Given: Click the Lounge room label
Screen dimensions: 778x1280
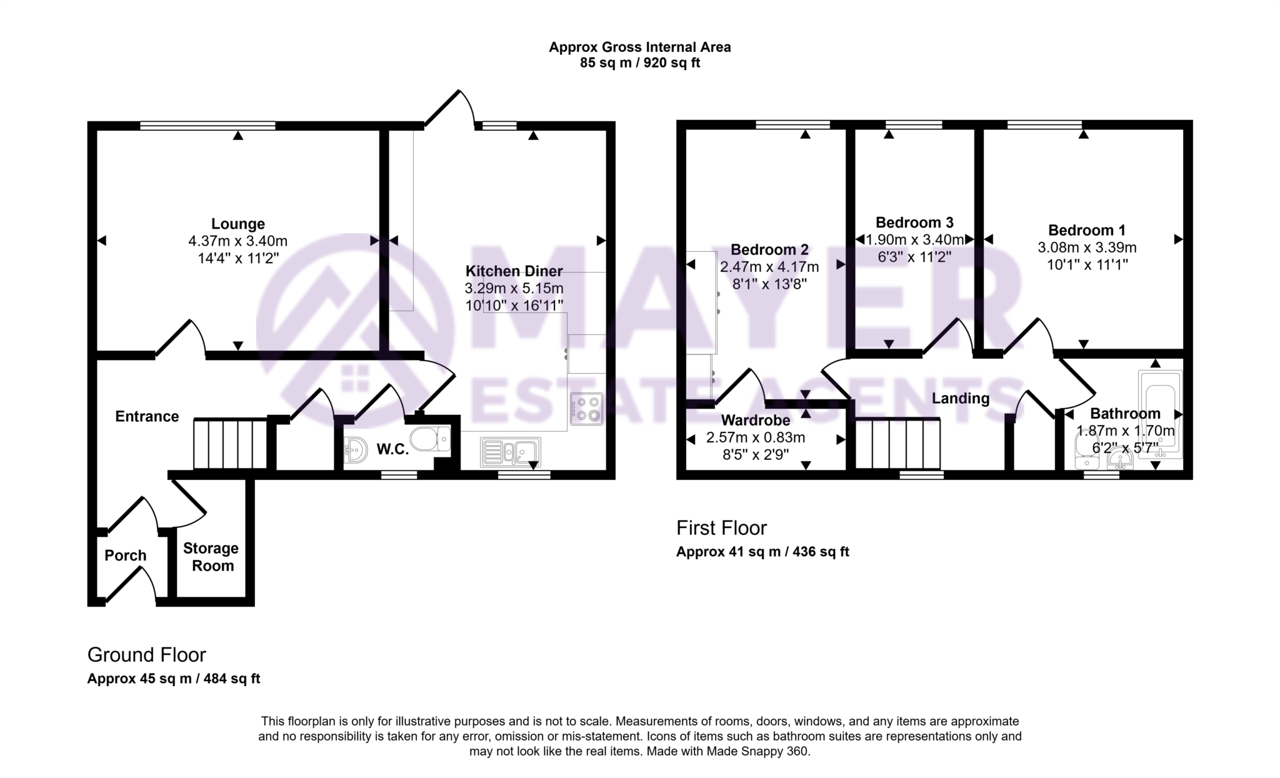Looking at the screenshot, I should [237, 224].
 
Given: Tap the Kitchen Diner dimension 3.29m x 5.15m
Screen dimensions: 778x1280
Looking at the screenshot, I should [514, 289].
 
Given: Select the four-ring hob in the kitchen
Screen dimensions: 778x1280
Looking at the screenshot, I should [586, 409].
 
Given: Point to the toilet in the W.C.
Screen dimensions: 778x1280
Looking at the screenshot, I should [431, 438].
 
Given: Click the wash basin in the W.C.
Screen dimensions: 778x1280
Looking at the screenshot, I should [356, 449].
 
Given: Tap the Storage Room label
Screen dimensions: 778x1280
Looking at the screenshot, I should [211, 557].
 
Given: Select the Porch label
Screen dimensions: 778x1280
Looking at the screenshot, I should [125, 556].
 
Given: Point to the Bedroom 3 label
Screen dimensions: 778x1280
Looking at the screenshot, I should [914, 222].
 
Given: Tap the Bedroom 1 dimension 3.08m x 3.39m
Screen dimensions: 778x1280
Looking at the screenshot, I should [1087, 247].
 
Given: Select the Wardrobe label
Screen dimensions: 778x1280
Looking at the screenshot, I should [755, 421].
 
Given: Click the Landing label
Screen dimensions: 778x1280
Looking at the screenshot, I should [960, 399].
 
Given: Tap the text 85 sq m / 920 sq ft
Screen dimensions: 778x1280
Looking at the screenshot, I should [639, 63].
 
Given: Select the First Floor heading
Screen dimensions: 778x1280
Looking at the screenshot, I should [721, 528].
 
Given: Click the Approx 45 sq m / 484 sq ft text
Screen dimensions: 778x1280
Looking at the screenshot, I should [174, 679].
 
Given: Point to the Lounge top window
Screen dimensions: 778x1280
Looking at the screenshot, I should [207, 126].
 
